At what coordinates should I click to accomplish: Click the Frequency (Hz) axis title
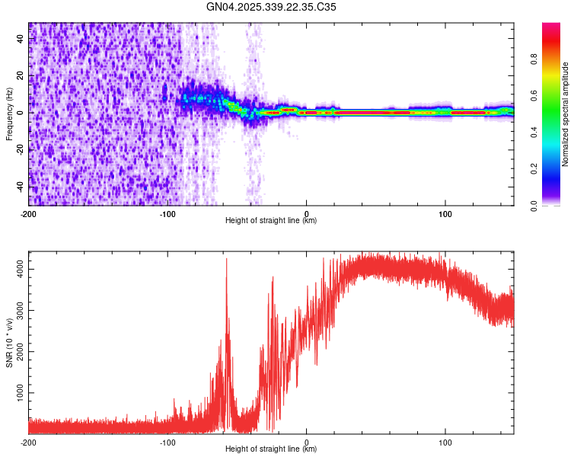pos(9,114)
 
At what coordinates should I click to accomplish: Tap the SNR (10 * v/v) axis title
pos(9,343)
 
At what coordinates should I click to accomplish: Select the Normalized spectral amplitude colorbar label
pos(566,114)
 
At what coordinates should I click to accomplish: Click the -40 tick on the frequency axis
pos(21,187)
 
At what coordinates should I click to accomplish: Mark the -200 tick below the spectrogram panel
pos(29,213)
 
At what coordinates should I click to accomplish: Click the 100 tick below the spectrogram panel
pos(445,213)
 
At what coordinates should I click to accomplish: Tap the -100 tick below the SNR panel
pos(167,442)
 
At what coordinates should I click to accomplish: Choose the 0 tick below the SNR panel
pos(306,442)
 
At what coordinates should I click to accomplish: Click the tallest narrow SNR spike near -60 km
pos(226,260)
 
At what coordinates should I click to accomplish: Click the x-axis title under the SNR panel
pos(271,449)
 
